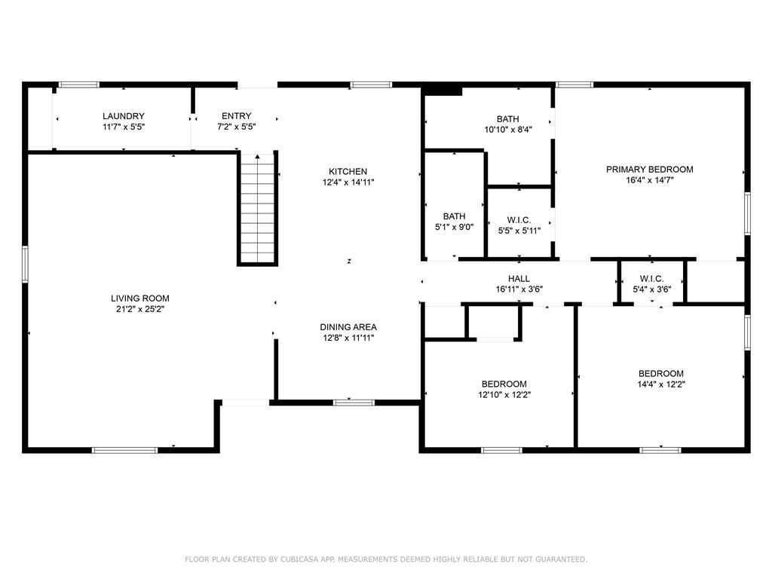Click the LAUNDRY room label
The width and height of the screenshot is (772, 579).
coord(124,115)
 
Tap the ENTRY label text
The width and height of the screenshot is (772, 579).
coord(236,115)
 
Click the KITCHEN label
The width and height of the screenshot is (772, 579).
coord(348,171)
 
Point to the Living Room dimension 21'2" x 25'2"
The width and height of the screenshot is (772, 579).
coord(139,309)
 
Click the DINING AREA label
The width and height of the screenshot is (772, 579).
coord(348,326)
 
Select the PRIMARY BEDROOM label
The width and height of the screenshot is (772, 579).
coord(649,169)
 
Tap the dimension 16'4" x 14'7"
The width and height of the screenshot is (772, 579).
coord(649,180)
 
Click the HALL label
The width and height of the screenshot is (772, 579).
coord(519,278)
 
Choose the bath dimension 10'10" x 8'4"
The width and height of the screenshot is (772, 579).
coord(507,130)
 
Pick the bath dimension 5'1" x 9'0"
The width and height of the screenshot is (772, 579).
coord(454,227)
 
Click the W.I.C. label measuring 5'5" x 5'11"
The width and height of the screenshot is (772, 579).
coord(519,219)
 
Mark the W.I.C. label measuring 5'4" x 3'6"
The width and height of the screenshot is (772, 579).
coord(651,278)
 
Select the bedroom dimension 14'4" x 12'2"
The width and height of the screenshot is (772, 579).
coord(660,384)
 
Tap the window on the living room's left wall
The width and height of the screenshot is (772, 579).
coord(25,264)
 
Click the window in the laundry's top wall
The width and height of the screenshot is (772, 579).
coord(79,84)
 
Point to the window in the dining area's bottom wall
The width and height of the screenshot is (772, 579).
coord(354,402)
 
